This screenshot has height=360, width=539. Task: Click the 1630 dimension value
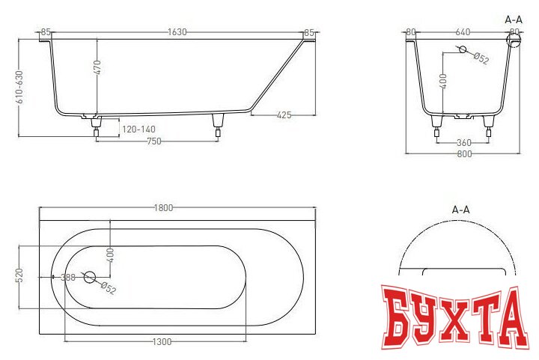[177, 32]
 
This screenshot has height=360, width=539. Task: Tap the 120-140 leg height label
[138, 129]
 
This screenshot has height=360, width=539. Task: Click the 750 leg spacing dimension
[153, 141]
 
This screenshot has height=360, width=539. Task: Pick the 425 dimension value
[284, 115]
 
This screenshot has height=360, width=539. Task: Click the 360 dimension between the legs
[463, 141]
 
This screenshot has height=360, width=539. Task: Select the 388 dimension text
[67, 278]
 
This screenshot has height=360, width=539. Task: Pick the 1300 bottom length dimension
[160, 341]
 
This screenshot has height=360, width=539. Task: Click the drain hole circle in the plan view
[90, 277]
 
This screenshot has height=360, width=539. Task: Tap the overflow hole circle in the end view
[463, 50]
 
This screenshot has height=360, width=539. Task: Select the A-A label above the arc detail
[460, 211]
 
